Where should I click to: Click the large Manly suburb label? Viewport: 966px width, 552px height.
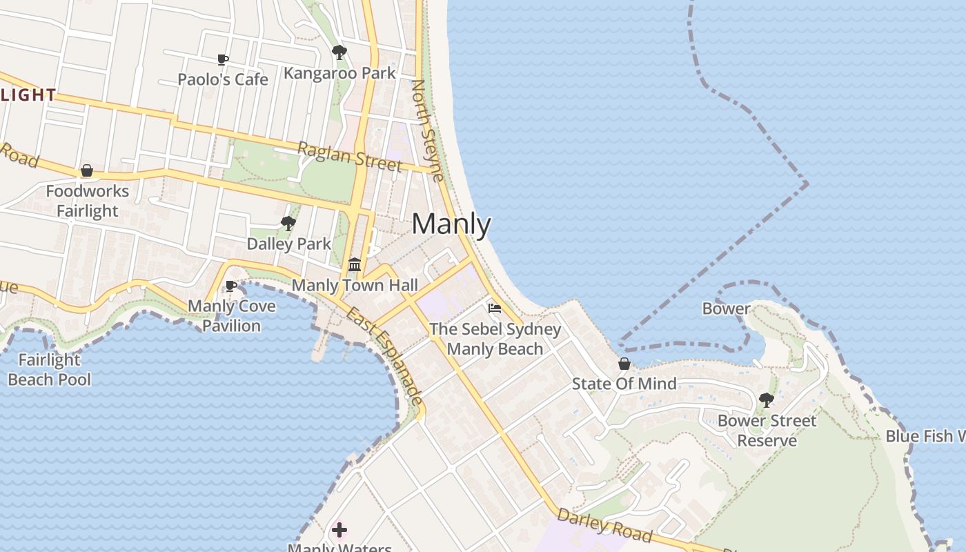tap(451, 225)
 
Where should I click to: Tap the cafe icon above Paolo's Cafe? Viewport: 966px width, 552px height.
tap(223, 60)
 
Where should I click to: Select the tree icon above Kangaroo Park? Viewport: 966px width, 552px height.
tap(339, 52)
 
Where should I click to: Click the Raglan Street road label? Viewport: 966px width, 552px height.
tap(349, 157)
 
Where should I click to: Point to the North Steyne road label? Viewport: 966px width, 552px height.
tap(428, 130)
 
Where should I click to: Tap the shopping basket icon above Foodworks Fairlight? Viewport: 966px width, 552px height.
tap(87, 170)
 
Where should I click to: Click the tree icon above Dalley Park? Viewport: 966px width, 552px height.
tap(288, 224)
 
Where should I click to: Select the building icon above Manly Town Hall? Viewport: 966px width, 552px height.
tap(355, 265)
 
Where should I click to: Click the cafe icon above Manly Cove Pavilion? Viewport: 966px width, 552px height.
tap(231, 286)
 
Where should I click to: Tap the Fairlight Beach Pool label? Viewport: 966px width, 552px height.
tap(50, 369)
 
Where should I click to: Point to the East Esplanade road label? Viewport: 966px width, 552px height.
tap(384, 356)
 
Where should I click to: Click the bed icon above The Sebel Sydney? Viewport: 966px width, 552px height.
tap(495, 308)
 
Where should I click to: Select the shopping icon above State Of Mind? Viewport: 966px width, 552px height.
tap(624, 364)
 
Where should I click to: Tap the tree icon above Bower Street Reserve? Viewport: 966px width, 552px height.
tap(766, 400)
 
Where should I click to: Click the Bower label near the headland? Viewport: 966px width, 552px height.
tap(726, 308)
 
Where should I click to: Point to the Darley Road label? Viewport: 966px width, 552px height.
tap(604, 525)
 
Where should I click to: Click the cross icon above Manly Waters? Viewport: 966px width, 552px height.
tap(339, 530)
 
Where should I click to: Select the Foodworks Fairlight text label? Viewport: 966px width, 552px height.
tap(88, 201)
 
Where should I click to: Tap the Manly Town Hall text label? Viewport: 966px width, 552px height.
tap(355, 285)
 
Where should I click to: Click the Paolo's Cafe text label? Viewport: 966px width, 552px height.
tap(223, 79)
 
